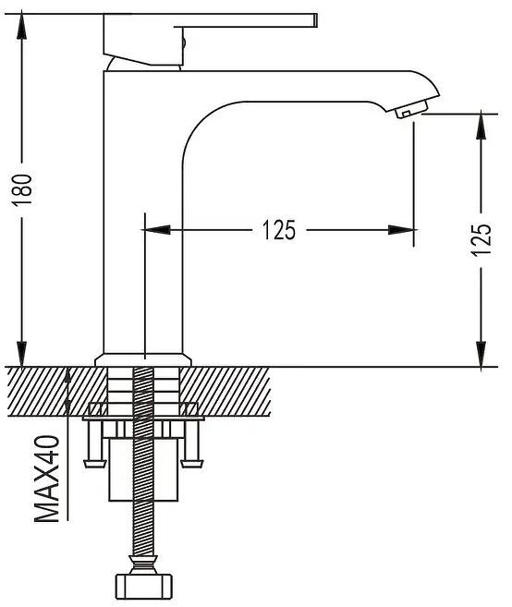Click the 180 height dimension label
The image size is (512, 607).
(21, 190)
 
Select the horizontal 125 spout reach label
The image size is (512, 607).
(279, 230)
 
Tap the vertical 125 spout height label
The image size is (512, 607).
(481, 239)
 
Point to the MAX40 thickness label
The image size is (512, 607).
(47, 479)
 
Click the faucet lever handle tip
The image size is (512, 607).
(315, 20)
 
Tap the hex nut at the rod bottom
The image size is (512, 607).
(143, 587)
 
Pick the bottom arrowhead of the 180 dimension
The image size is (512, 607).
(21, 354)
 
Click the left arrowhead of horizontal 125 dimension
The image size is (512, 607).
(157, 230)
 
